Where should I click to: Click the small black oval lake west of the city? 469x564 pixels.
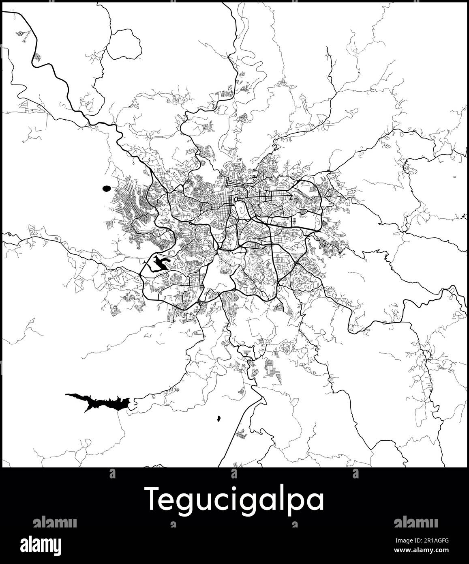point(107,188)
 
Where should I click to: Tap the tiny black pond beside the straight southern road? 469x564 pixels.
point(219,418)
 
